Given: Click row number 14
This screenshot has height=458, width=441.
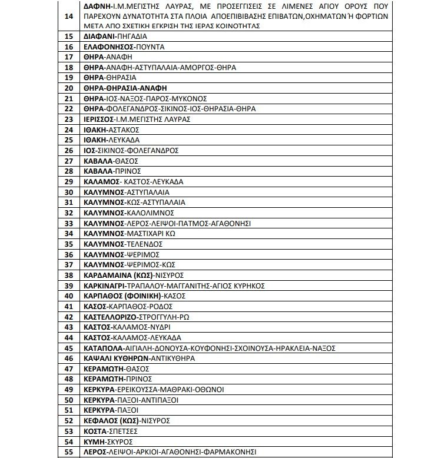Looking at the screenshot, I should [x=68, y=15].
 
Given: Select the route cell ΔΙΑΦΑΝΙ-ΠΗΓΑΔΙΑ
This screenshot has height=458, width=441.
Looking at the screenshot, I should [x=111, y=36].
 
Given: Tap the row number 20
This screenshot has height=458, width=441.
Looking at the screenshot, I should [x=68, y=88].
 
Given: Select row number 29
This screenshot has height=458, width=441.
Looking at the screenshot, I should [x=68, y=181].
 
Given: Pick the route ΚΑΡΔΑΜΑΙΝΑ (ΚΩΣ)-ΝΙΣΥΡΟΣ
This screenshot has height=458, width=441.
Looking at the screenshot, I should [x=134, y=274].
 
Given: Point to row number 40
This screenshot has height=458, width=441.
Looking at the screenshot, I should [x=68, y=296].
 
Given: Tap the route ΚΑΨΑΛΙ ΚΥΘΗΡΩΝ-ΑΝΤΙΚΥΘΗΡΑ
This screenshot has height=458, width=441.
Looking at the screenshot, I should [x=140, y=358].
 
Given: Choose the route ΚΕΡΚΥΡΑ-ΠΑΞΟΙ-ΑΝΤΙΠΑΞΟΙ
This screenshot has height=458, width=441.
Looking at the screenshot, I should [x=130, y=400].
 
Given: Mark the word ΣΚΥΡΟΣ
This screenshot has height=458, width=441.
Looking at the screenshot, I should [x=121, y=442].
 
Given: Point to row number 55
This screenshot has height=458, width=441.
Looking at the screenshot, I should [x=68, y=452].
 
